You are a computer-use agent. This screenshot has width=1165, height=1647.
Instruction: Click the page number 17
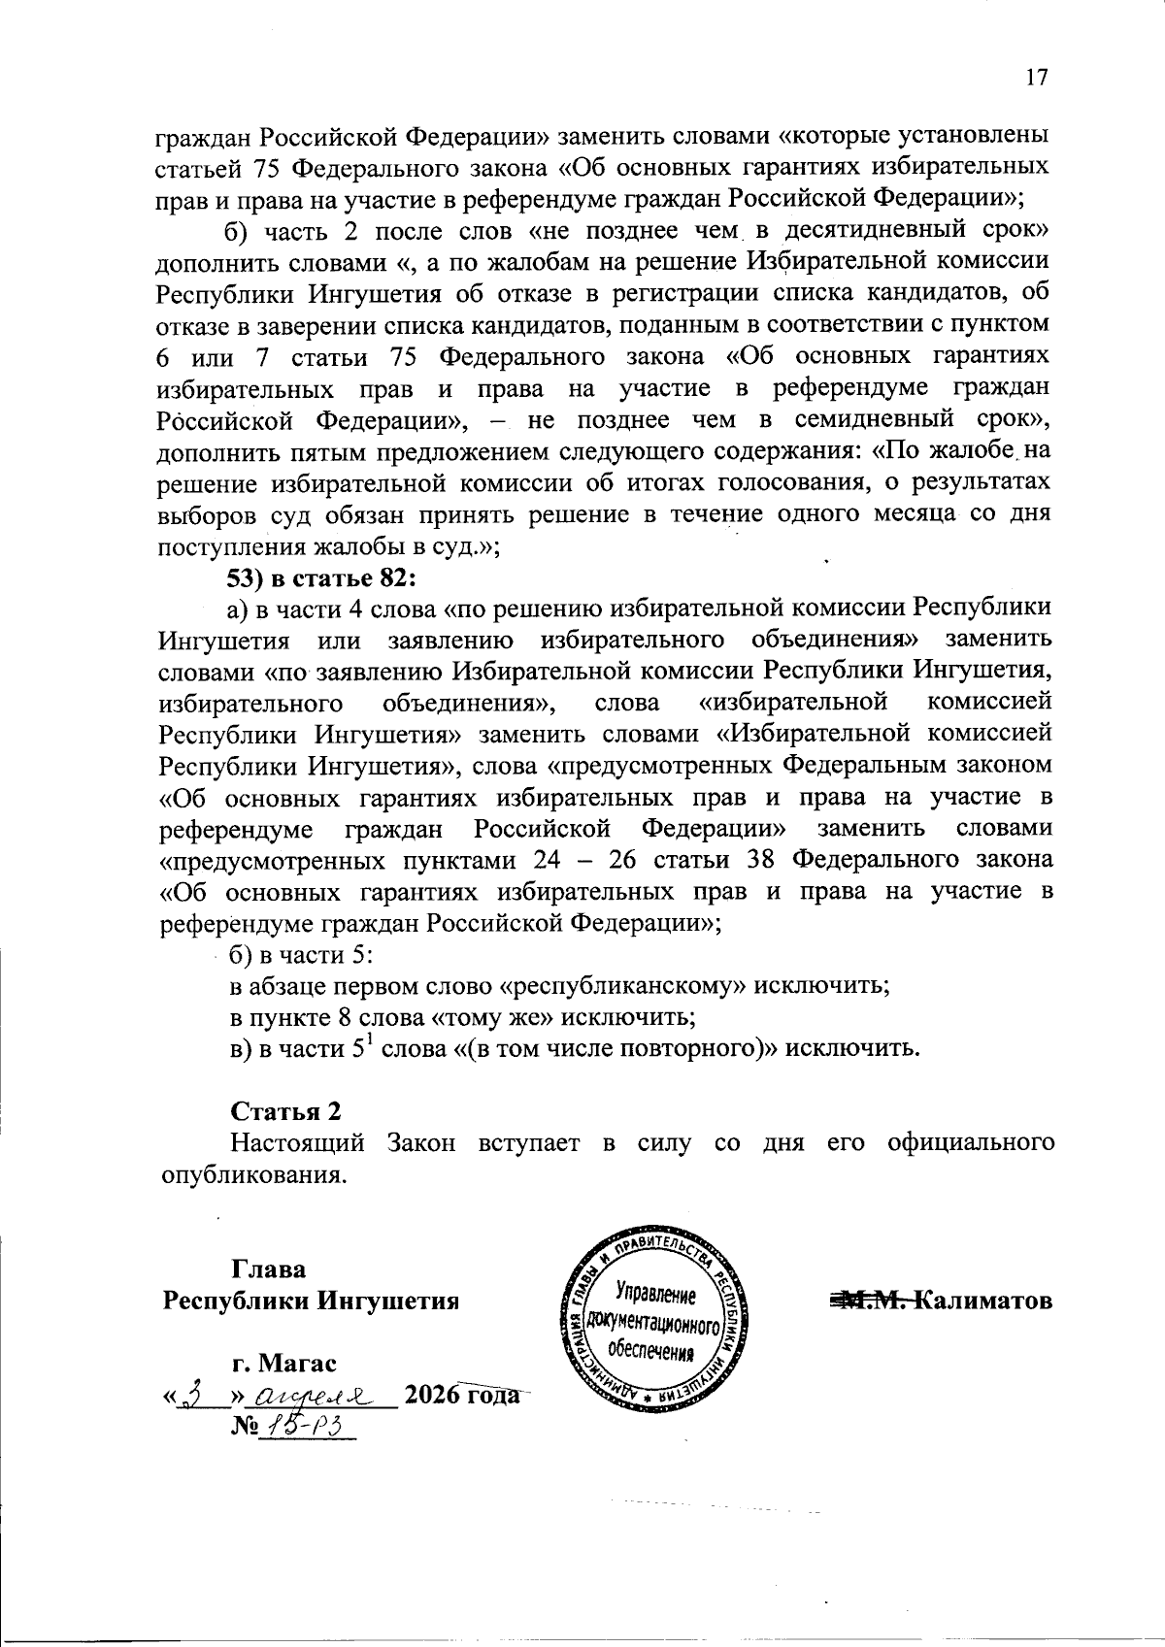click(1037, 78)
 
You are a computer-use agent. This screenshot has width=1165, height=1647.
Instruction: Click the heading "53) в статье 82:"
click(321, 578)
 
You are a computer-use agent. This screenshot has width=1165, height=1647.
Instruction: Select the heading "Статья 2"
click(285, 1111)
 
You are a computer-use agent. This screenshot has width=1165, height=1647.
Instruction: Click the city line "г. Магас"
click(284, 1364)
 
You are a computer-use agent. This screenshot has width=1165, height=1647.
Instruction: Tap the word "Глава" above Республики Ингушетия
click(268, 1269)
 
